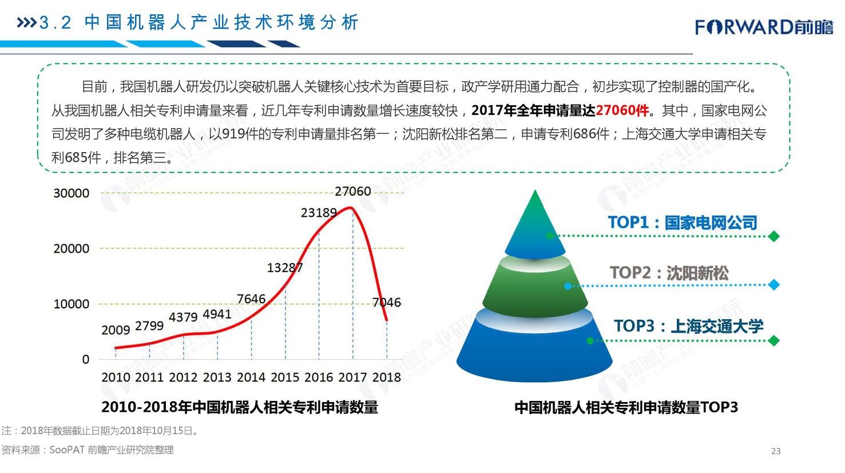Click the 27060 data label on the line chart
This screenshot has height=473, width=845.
(x=353, y=192)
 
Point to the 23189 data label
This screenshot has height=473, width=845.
(x=319, y=213)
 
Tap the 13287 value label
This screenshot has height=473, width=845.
(x=285, y=268)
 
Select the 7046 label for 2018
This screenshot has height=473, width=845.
(x=386, y=303)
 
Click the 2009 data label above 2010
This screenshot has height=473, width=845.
(x=116, y=330)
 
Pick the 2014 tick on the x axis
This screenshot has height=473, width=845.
(x=251, y=377)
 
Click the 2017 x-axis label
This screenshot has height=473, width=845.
(x=353, y=377)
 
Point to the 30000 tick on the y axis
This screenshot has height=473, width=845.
(x=72, y=193)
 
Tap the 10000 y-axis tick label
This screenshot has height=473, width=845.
(x=72, y=304)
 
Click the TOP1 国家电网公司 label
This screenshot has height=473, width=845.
(x=683, y=222)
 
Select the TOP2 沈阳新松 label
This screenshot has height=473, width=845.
(x=669, y=273)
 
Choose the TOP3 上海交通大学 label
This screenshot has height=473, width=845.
(x=688, y=326)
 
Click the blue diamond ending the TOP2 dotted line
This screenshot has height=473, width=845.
(x=773, y=285)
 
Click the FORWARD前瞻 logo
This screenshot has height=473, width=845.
(x=764, y=27)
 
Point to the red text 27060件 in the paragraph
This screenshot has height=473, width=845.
(x=622, y=110)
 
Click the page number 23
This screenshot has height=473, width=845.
(x=776, y=451)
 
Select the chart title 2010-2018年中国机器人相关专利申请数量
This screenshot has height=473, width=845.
(x=240, y=407)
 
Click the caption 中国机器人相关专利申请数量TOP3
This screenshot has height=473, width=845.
(x=626, y=407)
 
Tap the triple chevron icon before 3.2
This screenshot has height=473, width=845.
(x=26, y=23)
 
